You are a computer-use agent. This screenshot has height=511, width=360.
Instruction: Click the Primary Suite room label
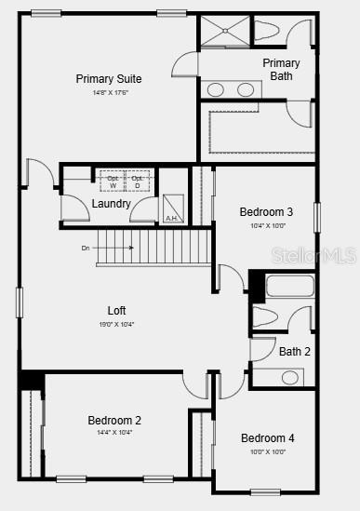tap(109, 78)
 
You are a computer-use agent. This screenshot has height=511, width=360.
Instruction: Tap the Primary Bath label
tap(281, 70)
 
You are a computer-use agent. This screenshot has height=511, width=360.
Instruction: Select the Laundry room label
tap(111, 204)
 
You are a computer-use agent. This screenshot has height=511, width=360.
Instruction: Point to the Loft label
tap(116, 311)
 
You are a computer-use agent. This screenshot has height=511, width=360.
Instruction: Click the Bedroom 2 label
tap(114, 421)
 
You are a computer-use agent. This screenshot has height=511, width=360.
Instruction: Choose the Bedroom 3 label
tap(266, 212)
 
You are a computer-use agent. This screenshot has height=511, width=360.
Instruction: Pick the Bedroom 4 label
tap(267, 438)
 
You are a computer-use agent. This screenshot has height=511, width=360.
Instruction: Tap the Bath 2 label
tap(294, 352)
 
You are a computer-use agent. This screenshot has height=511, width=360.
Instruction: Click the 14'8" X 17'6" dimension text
tap(110, 93)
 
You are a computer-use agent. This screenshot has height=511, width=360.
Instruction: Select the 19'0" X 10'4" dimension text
tap(116, 325)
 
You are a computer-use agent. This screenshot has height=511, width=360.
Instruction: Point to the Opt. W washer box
tap(112, 181)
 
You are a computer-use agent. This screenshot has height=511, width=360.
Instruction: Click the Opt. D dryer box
tap(138, 181)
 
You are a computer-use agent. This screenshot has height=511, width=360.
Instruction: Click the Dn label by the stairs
tap(86, 249)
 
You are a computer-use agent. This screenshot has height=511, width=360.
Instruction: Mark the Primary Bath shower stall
tap(223, 32)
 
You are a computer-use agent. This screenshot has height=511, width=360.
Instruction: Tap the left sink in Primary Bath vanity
tap(216, 90)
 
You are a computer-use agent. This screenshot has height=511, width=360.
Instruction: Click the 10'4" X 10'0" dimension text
tap(267, 226)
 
